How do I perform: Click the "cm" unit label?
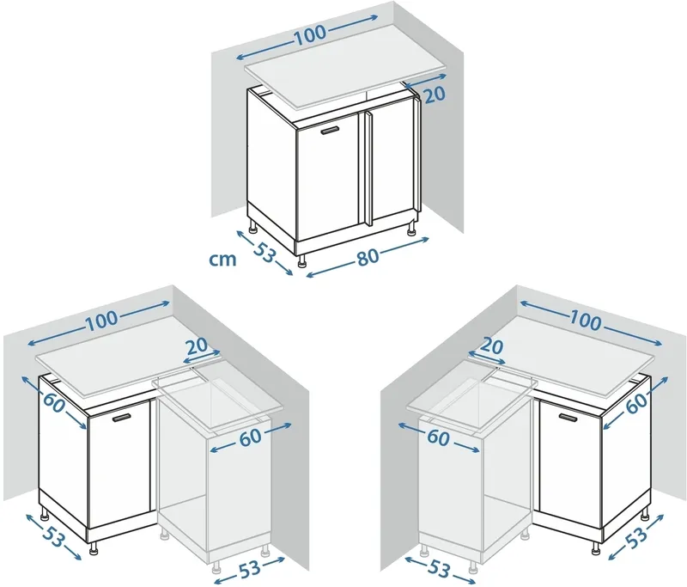pyautogui.click(x=223, y=260)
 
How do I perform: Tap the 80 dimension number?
pyautogui.click(x=368, y=257)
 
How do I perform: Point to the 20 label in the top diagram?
pyautogui.click(x=435, y=95)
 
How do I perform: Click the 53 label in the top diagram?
pyautogui.click(x=264, y=253)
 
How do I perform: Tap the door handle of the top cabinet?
pyautogui.click(x=331, y=131)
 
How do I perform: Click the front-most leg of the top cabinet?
pyautogui.click(x=302, y=260)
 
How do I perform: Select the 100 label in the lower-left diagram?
pyautogui.click(x=101, y=321)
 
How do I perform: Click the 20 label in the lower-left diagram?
pyautogui.click(x=197, y=345)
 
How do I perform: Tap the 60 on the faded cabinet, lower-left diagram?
pyautogui.click(x=250, y=437)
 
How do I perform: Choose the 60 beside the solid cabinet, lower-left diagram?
pyautogui.click(x=54, y=404)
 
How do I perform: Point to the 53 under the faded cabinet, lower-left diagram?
pyautogui.click(x=250, y=569)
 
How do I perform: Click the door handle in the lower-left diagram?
pyautogui.click(x=122, y=418)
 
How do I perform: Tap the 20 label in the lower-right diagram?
pyautogui.click(x=492, y=345)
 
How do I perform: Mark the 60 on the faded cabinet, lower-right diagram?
pyautogui.click(x=438, y=437)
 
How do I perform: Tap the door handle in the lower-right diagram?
pyautogui.click(x=568, y=417)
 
